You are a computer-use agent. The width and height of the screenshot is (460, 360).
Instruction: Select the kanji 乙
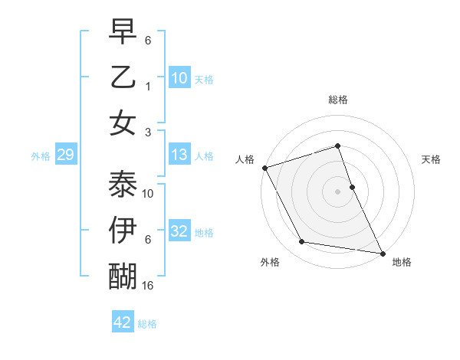(x=123, y=77)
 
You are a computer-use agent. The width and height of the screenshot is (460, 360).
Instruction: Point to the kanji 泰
(x=123, y=184)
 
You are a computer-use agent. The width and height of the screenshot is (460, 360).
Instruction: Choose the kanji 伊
(x=123, y=230)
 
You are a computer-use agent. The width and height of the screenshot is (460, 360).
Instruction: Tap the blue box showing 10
(x=179, y=78)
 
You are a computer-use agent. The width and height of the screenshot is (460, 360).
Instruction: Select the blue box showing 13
(x=179, y=155)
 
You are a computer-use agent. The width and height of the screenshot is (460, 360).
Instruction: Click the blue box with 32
(x=179, y=231)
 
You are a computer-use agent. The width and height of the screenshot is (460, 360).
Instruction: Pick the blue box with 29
(x=65, y=155)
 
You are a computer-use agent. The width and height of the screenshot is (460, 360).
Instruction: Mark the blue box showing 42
(x=123, y=322)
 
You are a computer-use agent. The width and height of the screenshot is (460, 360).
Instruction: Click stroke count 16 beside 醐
(x=148, y=286)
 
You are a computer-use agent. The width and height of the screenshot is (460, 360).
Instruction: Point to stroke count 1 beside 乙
(x=148, y=86)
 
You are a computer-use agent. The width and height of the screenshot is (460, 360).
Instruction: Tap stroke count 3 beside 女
(x=148, y=132)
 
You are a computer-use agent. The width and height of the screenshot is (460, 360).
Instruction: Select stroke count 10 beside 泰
(x=148, y=194)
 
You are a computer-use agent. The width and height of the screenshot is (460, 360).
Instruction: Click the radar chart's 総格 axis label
(x=338, y=100)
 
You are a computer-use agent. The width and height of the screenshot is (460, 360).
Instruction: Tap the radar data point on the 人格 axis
(x=264, y=167)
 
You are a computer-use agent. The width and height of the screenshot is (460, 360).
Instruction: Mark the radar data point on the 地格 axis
(x=381, y=252)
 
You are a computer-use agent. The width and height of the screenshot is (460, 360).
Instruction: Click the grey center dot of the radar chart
(x=338, y=191)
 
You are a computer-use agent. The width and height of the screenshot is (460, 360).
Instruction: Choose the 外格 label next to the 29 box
(x=41, y=156)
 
